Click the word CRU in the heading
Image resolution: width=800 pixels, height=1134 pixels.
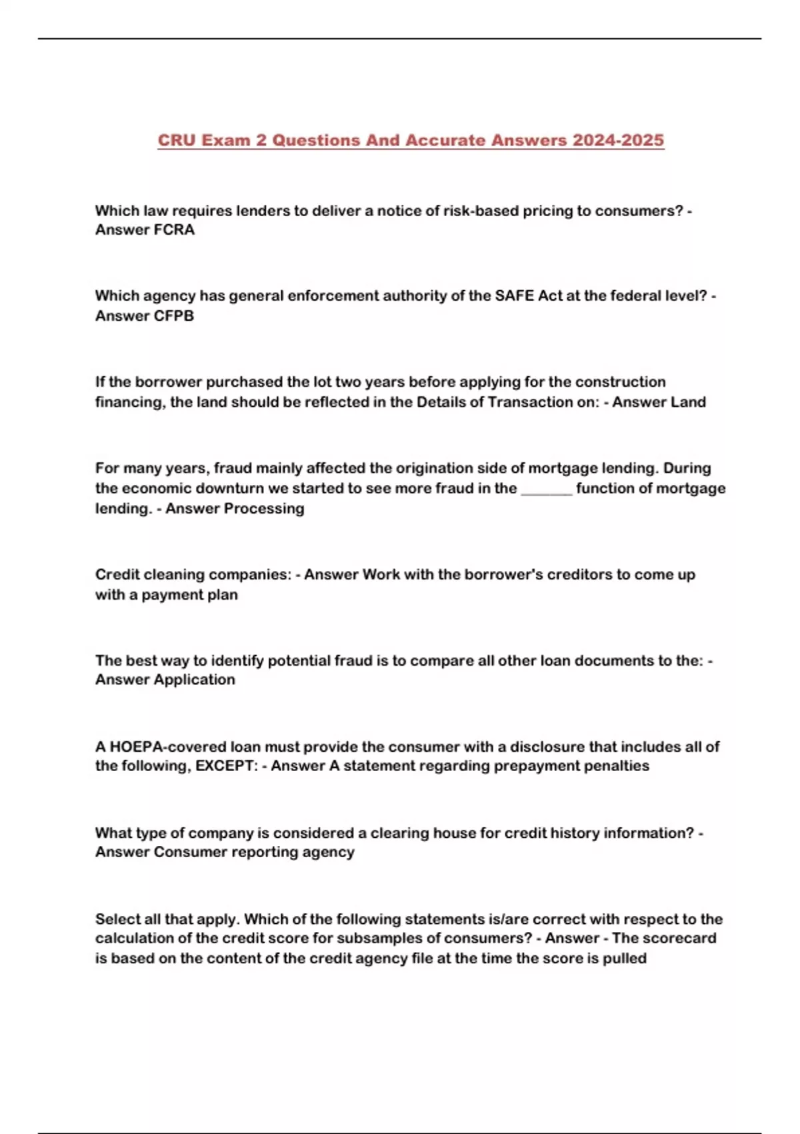coord(176,141)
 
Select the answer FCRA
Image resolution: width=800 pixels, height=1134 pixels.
coord(174,230)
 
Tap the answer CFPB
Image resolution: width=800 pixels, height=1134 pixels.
coord(174,316)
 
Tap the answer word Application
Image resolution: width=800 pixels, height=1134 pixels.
coord(194,680)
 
